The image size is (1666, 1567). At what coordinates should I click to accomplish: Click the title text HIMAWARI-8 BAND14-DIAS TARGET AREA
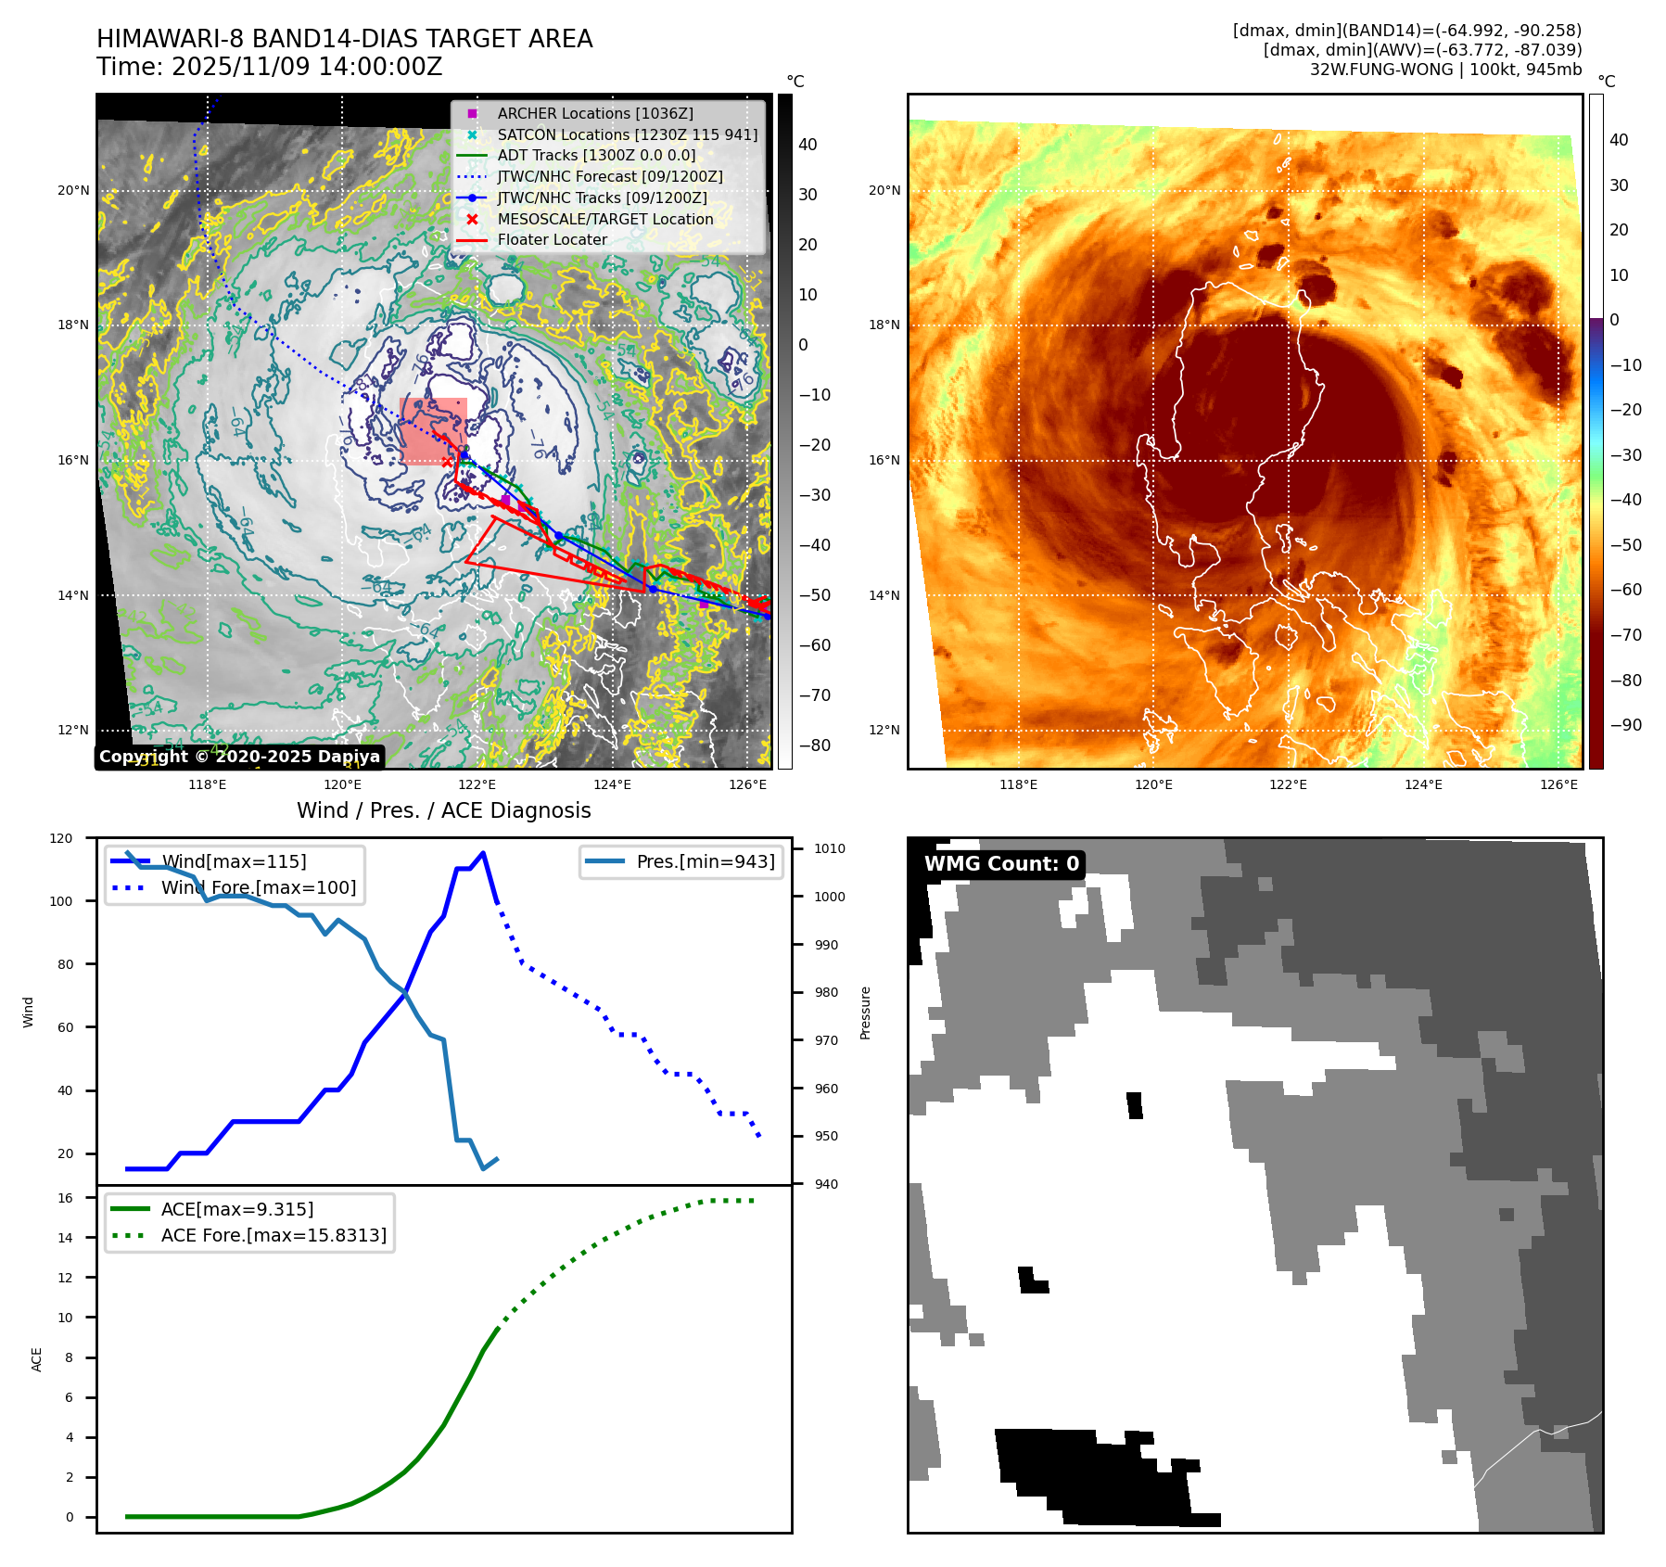[344, 39]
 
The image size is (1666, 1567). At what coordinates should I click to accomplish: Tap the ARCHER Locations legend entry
[594, 113]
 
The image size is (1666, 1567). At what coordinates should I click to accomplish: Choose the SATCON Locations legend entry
[627, 134]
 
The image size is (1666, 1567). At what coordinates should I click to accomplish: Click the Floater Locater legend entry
[552, 239]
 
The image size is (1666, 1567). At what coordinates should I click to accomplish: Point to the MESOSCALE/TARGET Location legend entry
[604, 219]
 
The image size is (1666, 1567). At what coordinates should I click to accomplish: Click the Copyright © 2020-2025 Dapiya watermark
[239, 757]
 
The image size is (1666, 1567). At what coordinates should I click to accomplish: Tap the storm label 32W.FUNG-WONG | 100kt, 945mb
[1444, 70]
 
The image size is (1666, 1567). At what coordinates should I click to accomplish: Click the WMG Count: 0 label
[1001, 864]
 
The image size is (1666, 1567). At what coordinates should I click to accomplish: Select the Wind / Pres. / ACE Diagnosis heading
[443, 810]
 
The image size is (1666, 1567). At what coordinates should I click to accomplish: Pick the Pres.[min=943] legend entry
[705, 861]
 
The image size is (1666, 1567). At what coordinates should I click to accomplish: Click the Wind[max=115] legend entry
[234, 861]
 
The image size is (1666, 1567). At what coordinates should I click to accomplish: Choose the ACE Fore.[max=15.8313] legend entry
[273, 1235]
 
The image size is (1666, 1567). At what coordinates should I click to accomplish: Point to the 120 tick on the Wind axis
[61, 838]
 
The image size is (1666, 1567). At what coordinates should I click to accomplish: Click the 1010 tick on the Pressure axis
[830, 848]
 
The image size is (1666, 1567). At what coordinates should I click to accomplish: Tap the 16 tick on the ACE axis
[65, 1198]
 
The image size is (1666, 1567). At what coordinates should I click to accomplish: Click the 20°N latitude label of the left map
[73, 191]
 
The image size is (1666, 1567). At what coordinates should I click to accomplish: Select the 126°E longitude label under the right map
[1558, 784]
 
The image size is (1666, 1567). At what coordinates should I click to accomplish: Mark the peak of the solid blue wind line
[483, 853]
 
